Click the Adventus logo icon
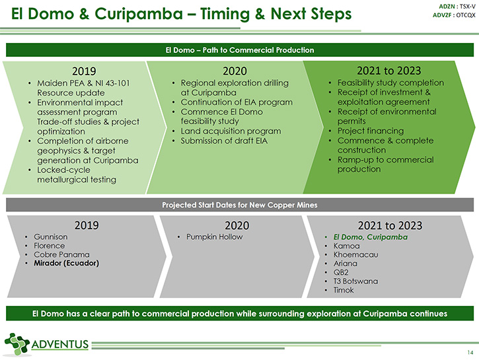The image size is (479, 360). coord(17,344)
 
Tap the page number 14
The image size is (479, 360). coord(470,352)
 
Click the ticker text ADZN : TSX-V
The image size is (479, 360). coord(457,7)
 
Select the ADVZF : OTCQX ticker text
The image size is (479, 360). coord(454,15)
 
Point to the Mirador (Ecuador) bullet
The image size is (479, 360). coord(66,263)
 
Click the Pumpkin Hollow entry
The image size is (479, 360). coord(215,236)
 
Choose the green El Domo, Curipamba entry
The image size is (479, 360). coord(371,237)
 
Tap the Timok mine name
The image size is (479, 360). coord(344,290)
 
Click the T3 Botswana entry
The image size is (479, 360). coord(355,281)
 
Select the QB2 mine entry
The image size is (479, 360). coord(341,272)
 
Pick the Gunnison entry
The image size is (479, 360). coord(51,236)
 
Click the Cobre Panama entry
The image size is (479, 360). coord(61,254)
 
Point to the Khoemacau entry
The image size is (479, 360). coord(355,255)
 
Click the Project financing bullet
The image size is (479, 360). coord(371,131)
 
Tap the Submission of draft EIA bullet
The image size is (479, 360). coord(224,141)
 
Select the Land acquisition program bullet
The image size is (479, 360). coord(231,131)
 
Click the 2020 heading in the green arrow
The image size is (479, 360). coord(235,71)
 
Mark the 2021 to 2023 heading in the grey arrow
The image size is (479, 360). coord(390,225)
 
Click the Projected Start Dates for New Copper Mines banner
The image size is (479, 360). coord(240,205)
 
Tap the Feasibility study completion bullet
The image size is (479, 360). coord(390,83)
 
